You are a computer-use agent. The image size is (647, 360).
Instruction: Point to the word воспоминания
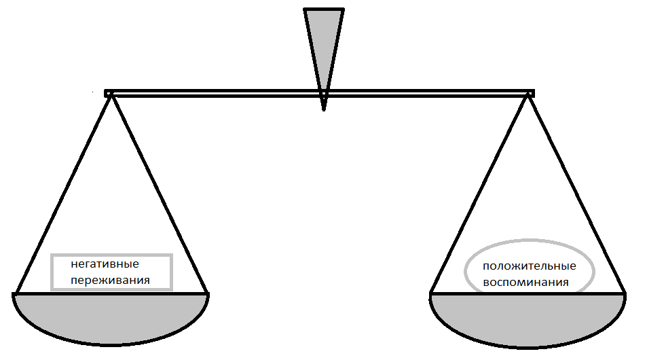[x=525, y=282]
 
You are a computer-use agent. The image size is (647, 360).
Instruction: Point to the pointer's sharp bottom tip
[x=324, y=109]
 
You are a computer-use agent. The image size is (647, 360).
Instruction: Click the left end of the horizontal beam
[x=108, y=94]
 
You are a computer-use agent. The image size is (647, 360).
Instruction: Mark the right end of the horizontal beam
[x=531, y=94]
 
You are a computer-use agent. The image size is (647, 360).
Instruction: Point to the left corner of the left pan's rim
[x=14, y=294]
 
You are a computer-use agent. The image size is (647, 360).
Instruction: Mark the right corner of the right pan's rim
[x=624, y=294]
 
